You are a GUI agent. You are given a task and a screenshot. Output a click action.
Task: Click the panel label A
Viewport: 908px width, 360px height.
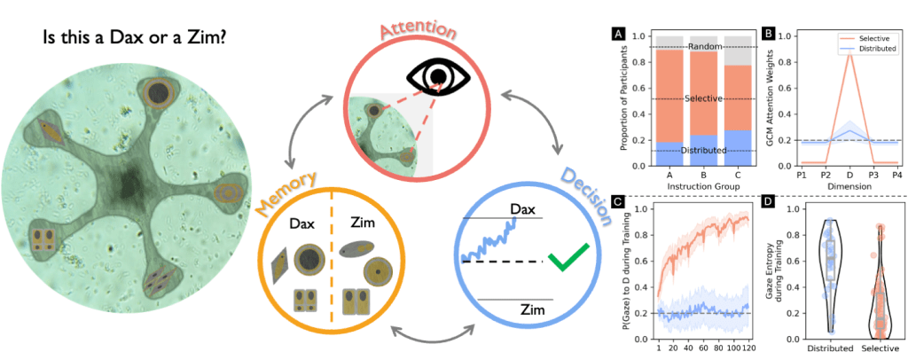coord(618,35)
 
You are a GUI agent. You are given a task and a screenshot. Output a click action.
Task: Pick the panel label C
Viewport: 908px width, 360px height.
coord(618,200)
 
